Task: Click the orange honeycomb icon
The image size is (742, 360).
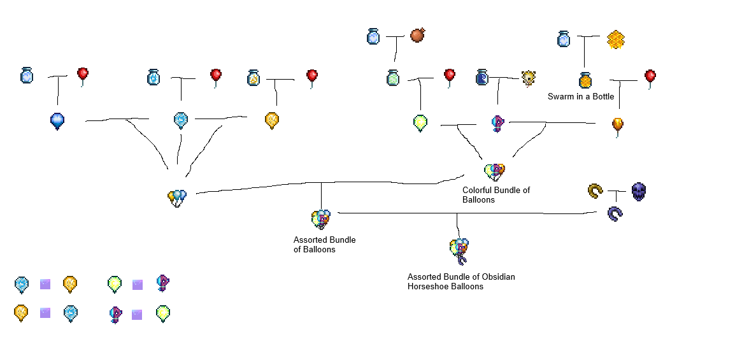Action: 615,40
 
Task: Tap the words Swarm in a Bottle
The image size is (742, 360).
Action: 581,97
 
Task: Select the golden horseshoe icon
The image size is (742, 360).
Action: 596,191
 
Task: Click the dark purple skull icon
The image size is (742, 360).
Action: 639,191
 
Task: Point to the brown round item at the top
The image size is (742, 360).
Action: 418,35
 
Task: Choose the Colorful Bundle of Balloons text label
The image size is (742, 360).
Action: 496,194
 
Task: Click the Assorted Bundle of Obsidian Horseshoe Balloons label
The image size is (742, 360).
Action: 461,282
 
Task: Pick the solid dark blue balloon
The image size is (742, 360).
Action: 57,120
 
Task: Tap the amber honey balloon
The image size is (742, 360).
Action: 618,125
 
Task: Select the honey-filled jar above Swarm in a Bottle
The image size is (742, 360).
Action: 586,80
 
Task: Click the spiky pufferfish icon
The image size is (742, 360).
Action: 528,78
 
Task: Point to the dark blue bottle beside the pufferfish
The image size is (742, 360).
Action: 482,78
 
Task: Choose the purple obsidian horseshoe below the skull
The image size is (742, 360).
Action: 615,214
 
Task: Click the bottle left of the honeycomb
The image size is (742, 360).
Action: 564,39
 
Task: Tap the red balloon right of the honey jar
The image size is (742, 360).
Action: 650,78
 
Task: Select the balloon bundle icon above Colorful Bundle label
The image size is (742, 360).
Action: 495,171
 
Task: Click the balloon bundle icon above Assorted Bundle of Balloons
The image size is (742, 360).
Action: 321,219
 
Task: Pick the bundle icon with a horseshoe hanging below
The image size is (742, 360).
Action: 459,250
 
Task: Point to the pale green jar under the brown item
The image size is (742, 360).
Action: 393,78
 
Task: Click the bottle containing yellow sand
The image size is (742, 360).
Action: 253,78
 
